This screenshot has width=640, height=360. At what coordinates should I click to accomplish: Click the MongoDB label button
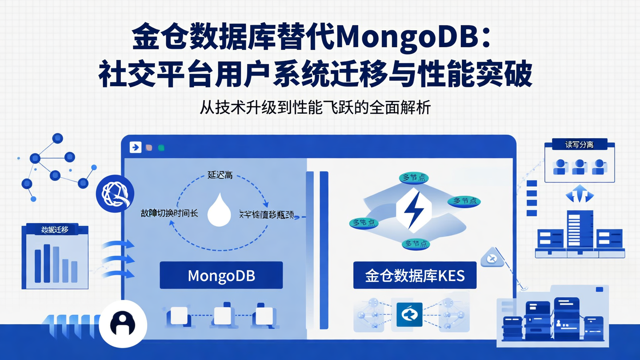tap(221, 275)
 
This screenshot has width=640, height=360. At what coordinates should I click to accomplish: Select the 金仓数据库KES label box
tap(415, 275)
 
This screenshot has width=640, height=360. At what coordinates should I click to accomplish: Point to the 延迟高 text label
tap(220, 175)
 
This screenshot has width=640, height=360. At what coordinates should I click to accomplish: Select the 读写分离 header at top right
tap(579, 145)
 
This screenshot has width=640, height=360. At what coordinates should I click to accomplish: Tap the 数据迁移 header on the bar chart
tap(55, 229)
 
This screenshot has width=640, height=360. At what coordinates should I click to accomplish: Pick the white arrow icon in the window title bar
tap(135, 148)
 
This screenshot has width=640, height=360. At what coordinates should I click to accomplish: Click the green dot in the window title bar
tap(161, 148)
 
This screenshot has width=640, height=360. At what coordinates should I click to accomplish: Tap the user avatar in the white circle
tap(123, 323)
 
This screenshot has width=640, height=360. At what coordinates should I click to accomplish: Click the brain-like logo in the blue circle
tap(115, 194)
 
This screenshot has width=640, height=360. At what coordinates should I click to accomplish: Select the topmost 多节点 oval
tap(414, 178)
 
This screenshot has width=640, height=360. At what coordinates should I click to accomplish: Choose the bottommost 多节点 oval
tap(416, 244)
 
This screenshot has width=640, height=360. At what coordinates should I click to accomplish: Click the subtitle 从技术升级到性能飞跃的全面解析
tap(315, 108)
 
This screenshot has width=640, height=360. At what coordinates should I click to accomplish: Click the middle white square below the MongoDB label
tap(222, 315)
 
